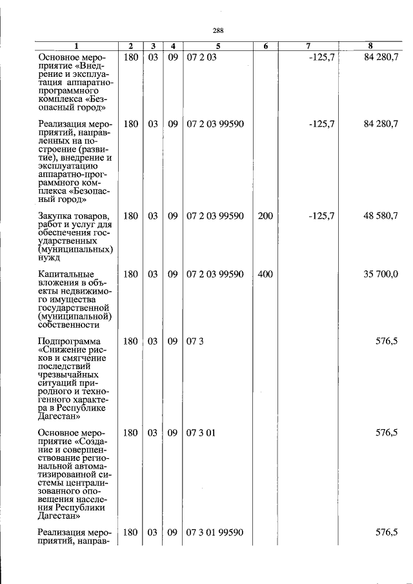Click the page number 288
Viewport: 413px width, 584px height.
[x=217, y=30]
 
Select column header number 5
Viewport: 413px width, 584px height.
[x=217, y=46]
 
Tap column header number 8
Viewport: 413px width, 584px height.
[x=370, y=46]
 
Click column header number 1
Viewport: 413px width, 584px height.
[x=76, y=46]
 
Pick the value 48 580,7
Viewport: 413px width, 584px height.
[x=381, y=216]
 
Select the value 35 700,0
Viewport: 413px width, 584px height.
[x=381, y=274]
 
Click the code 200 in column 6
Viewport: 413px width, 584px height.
[x=265, y=216]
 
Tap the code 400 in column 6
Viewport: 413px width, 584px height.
[x=265, y=274]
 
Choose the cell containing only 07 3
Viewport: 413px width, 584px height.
[x=195, y=341]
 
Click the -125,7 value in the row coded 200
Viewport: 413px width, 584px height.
[x=321, y=216]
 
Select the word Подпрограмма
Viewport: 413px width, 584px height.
[x=69, y=341]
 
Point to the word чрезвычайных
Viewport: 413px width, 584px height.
[x=68, y=374]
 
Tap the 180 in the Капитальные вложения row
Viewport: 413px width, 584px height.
[x=130, y=274]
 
